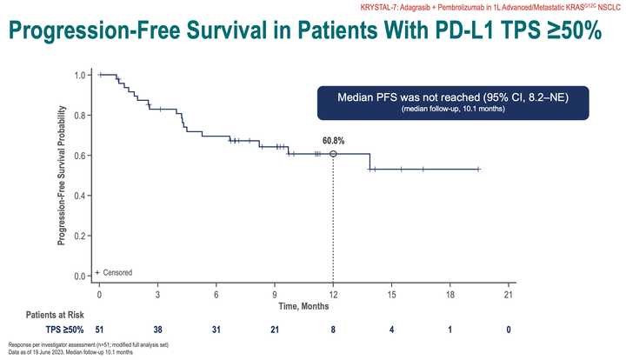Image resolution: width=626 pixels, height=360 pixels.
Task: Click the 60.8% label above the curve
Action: click(x=333, y=139)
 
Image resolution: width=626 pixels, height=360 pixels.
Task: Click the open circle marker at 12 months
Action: click(x=333, y=154)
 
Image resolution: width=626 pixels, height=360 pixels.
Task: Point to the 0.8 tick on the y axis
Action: click(x=81, y=115)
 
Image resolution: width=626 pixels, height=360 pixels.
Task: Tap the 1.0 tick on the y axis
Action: click(x=81, y=75)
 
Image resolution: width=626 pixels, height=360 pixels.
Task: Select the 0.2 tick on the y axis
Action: click(x=81, y=236)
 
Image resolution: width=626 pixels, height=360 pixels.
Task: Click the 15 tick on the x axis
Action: click(x=391, y=295)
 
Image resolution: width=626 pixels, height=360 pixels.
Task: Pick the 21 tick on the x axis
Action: click(x=509, y=295)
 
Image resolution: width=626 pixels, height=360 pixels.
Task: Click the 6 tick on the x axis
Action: click(x=216, y=295)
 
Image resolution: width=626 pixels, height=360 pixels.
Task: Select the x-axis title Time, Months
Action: click(x=303, y=307)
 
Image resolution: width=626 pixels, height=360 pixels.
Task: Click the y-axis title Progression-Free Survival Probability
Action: click(x=63, y=174)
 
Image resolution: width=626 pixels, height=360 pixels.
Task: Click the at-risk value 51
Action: click(x=99, y=330)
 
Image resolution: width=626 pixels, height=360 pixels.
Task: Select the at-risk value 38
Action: click(x=158, y=330)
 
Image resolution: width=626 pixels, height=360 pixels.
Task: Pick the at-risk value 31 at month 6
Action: click(x=216, y=330)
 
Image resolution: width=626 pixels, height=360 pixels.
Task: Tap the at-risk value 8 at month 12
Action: click(x=333, y=330)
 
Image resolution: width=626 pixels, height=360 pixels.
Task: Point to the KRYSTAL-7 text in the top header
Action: click(x=405, y=6)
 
